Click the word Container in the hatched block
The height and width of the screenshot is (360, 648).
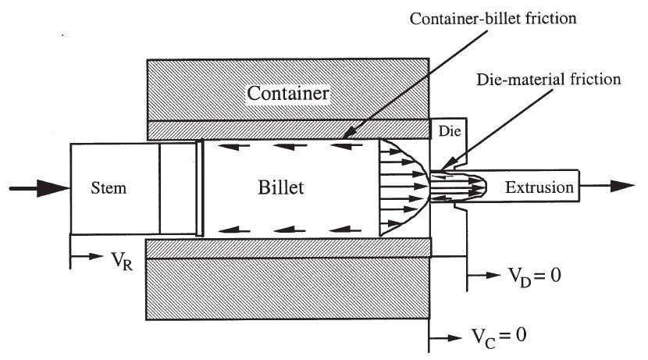pyautogui.click(x=287, y=94)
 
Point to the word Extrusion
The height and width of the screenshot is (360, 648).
pyautogui.click(x=538, y=187)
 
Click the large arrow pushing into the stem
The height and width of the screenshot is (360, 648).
pyautogui.click(x=36, y=187)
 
